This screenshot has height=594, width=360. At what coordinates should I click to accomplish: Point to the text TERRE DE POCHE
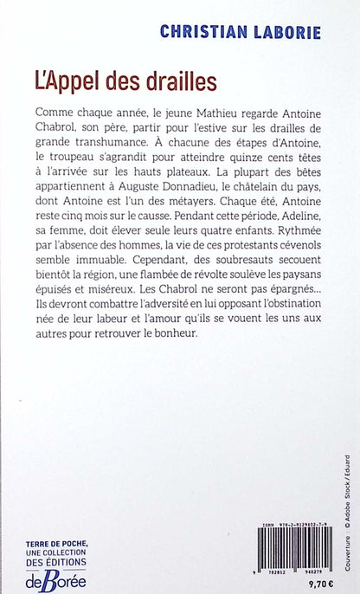coord(55,543)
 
